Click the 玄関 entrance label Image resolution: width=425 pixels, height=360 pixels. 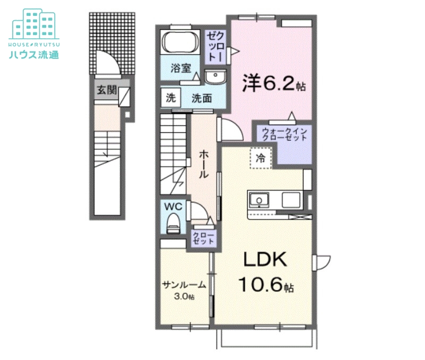coord(106,91)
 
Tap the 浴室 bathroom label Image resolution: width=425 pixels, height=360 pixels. coord(181,68)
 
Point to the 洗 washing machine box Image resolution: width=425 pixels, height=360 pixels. coord(170,98)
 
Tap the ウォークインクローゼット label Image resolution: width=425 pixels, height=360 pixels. coord(285,134)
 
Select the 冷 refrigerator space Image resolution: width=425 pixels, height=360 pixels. coord(260,158)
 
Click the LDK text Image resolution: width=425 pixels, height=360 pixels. coord(265,260)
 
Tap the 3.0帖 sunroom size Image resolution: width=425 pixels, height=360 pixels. coord(184,296)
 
